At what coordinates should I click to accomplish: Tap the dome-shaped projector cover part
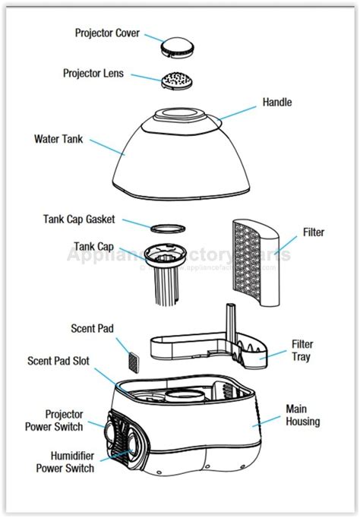[182, 46]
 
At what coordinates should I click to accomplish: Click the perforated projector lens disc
[181, 79]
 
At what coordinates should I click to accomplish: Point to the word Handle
[276, 102]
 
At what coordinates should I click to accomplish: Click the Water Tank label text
[58, 139]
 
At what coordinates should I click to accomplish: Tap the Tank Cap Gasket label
[78, 220]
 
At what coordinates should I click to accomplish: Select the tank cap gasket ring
[166, 226]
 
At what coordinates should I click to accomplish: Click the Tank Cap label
[93, 246]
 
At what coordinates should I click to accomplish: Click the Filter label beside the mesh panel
[314, 232]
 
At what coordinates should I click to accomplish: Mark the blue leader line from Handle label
[239, 112]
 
